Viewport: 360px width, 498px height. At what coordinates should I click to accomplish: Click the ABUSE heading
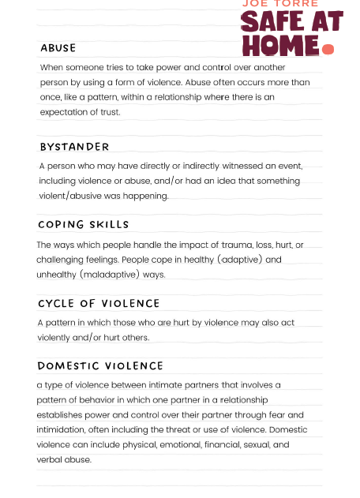click(x=58, y=48)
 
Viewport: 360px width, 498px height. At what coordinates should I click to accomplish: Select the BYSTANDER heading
click(x=74, y=147)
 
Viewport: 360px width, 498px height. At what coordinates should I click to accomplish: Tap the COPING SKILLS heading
click(x=83, y=225)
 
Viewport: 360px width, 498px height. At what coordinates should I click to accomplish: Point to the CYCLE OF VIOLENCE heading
click(x=99, y=303)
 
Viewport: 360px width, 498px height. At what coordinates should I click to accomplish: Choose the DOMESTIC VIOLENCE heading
click(x=100, y=366)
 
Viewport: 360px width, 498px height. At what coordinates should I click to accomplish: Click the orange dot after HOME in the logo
click(x=328, y=50)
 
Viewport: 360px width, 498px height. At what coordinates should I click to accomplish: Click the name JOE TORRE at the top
click(x=272, y=4)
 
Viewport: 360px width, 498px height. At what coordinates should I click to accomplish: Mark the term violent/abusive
click(x=72, y=197)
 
